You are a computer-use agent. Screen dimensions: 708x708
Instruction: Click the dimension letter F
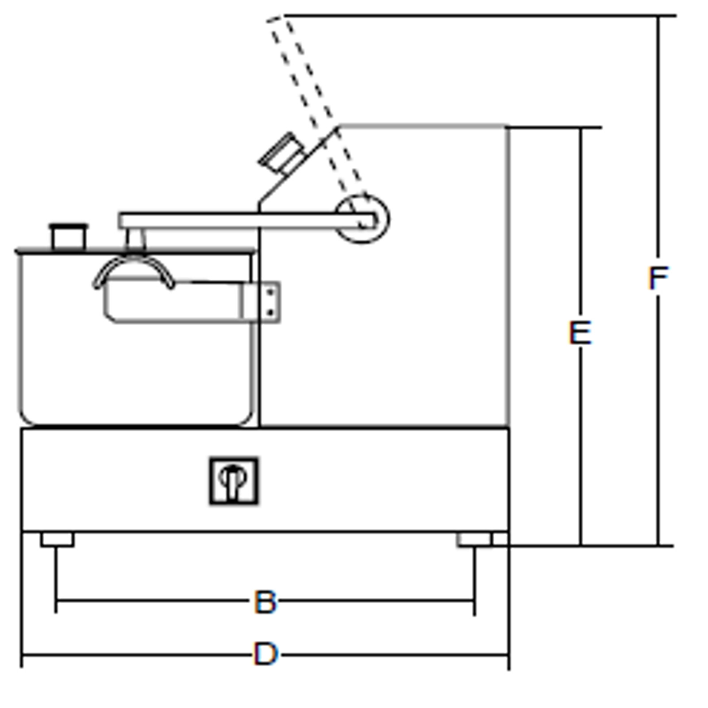[x=658, y=278]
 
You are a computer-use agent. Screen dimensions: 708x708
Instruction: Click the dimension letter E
[x=580, y=333]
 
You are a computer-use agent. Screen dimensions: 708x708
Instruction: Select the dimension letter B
[x=265, y=602]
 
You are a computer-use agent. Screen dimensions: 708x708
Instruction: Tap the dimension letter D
[x=265, y=654]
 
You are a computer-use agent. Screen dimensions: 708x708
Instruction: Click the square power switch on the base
[x=234, y=481]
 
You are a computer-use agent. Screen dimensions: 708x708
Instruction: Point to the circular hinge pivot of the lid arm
[x=362, y=219]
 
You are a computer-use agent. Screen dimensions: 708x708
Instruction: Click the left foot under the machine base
[x=58, y=539]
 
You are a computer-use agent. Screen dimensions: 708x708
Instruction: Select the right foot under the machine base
[x=475, y=539]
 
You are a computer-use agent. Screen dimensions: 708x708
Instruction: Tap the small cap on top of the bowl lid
[x=69, y=237]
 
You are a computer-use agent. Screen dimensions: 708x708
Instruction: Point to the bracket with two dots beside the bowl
[x=261, y=302]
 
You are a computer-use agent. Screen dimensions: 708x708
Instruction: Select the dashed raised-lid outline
[x=317, y=119]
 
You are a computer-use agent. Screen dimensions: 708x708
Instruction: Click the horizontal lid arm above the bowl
[x=248, y=221]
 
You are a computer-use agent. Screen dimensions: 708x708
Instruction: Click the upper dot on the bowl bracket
[x=271, y=292]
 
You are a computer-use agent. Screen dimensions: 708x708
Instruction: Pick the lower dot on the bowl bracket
[x=271, y=312]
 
